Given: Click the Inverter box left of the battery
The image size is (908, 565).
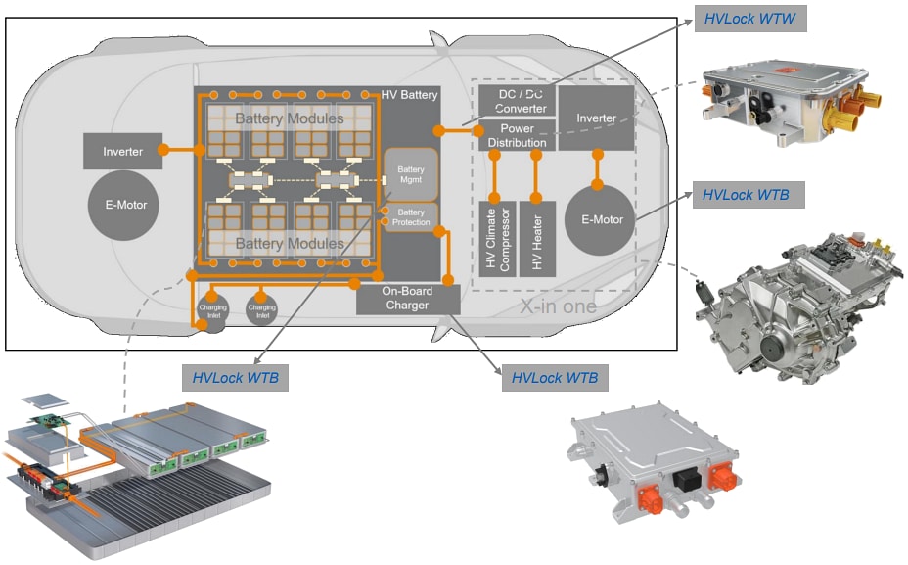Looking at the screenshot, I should point(122,152).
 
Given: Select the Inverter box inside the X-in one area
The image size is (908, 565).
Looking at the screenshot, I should point(596,118).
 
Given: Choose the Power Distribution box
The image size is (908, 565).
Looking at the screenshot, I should point(517,135).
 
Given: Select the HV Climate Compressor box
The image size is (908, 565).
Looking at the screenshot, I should point(496,239).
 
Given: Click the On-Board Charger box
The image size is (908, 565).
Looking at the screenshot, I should point(407,299).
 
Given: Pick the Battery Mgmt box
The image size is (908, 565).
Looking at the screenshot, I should point(410,175).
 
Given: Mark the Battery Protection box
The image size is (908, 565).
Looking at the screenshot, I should point(411,217).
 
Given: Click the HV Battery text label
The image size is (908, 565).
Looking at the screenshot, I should point(409,94).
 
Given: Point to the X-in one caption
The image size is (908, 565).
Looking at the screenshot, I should point(557,306).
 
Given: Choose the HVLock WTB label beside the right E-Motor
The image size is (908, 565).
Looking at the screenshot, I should point(747,194).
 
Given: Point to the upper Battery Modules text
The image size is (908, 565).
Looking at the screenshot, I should point(288,118).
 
